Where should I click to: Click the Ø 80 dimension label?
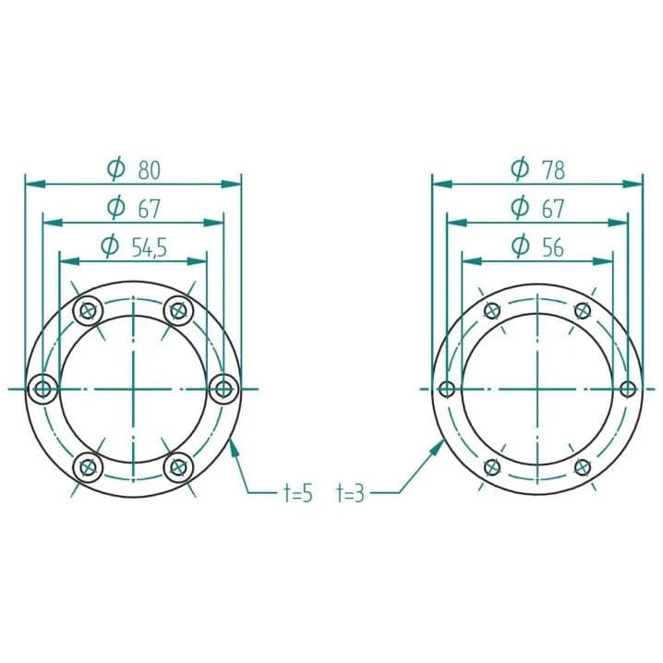coord(134,169)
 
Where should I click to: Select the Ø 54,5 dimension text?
coord(134,247)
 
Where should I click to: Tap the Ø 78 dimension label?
coord(537,169)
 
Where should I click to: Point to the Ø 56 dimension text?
coord(537,247)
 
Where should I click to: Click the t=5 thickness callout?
coord(297,493)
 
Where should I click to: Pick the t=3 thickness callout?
coord(350,493)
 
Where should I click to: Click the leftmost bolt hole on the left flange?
coord(42,389)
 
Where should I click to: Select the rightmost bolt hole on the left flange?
coord(224,389)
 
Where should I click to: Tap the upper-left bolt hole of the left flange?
coord(88,311)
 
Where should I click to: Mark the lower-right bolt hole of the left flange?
coord(178,467)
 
